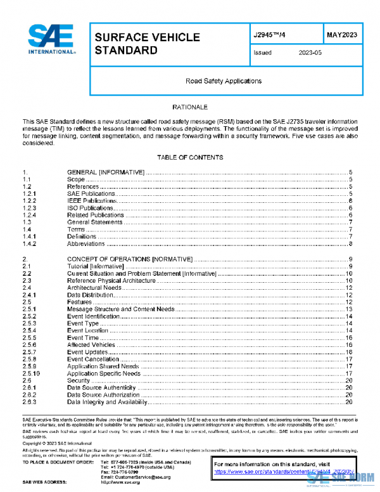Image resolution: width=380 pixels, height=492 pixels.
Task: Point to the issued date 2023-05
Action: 310,53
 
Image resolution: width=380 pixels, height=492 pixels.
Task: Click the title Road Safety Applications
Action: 223,81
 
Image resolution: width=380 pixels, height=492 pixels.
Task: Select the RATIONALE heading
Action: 190,108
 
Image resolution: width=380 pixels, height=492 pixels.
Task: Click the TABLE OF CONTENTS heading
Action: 190,157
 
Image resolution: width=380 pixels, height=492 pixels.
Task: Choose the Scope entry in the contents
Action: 76,179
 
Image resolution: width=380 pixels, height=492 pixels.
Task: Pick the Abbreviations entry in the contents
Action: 86,243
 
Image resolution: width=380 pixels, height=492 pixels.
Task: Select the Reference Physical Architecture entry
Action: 111,280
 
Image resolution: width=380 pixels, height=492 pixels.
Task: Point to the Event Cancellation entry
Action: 94,359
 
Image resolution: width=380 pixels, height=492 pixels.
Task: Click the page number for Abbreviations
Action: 350,243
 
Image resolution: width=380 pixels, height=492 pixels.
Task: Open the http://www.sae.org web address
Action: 120,482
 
